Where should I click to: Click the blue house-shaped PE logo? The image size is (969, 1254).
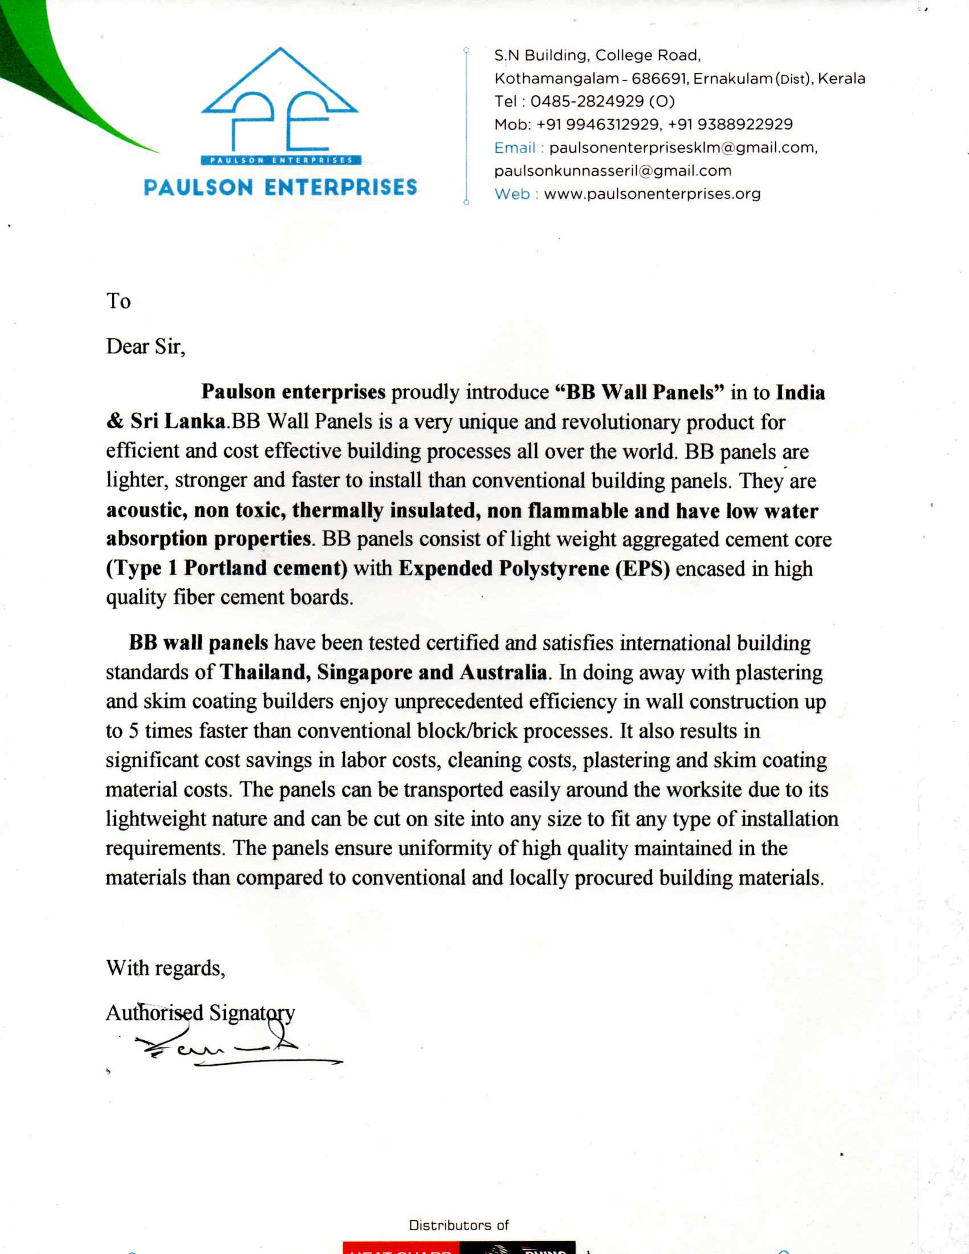[x=280, y=103]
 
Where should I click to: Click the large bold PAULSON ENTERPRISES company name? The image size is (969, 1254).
[x=280, y=188]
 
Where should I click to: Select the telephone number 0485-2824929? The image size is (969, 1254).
[x=587, y=101]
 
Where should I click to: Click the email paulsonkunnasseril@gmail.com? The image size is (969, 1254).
[x=613, y=171]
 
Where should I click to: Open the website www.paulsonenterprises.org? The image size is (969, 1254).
[x=652, y=194]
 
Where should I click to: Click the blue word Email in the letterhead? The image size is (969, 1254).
[x=514, y=148]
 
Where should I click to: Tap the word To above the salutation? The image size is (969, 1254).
[x=118, y=302]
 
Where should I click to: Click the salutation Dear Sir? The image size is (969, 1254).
[x=145, y=347]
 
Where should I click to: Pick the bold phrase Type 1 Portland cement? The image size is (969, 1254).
[x=227, y=568]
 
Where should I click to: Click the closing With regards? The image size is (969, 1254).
[x=165, y=968]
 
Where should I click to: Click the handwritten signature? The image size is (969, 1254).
[x=230, y=1048]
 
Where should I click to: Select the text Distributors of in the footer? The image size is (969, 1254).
[x=459, y=1225]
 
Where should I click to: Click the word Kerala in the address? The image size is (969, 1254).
[x=841, y=79]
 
